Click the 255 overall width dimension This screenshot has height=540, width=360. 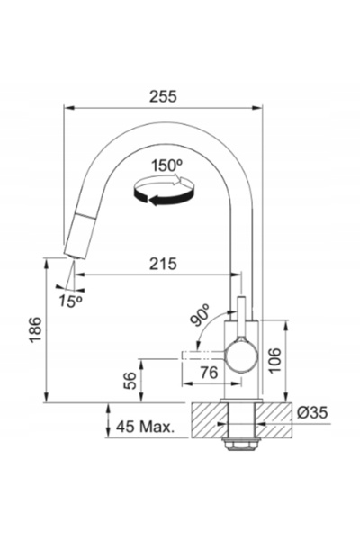pyautogui.click(x=163, y=96)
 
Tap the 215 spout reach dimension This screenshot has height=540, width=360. pyautogui.click(x=163, y=264)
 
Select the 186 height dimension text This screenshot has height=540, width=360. pyautogui.click(x=35, y=329)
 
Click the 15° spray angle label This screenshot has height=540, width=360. pyautogui.click(x=70, y=301)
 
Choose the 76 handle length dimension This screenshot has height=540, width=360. pyautogui.click(x=210, y=373)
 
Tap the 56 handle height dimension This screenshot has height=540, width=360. pyautogui.click(x=130, y=381)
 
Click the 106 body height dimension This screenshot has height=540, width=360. pyautogui.click(x=274, y=361)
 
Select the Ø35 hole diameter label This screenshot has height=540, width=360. pyautogui.click(x=312, y=412)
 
